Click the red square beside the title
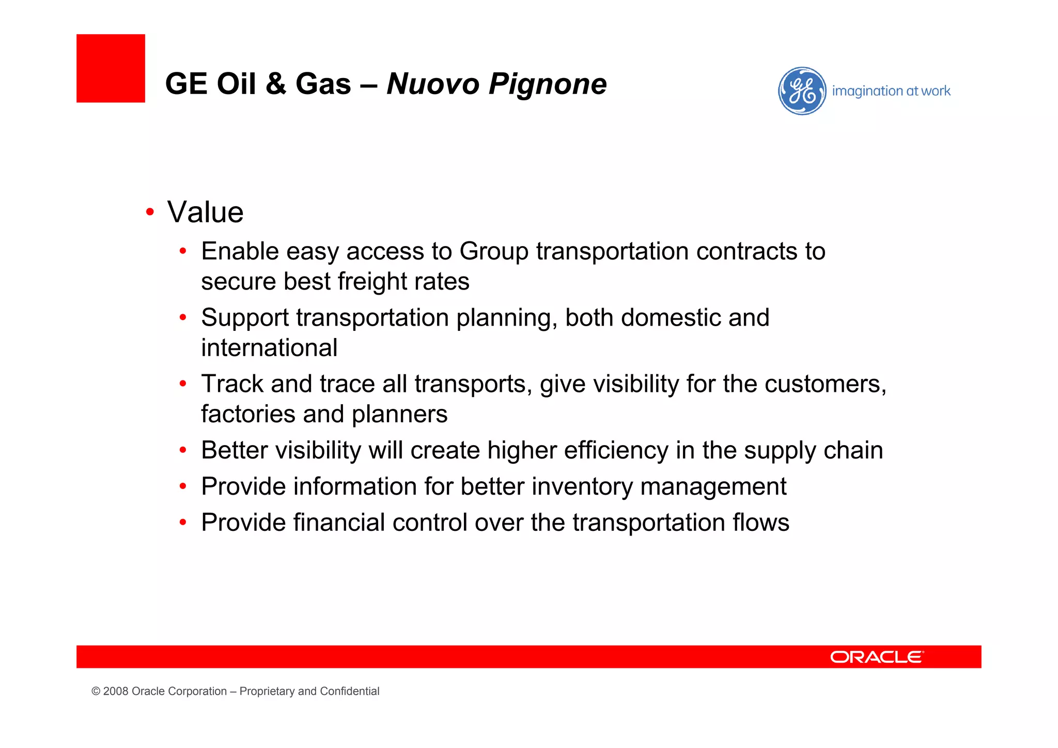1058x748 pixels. pos(111,68)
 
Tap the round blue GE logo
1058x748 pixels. pos(802,91)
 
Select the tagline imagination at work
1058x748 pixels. pos(891,91)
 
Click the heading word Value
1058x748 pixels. pos(205,212)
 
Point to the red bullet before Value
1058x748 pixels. pos(150,212)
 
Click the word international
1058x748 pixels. pos(269,348)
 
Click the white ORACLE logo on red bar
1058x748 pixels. pos(877,657)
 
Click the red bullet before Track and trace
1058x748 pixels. pos(183,384)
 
